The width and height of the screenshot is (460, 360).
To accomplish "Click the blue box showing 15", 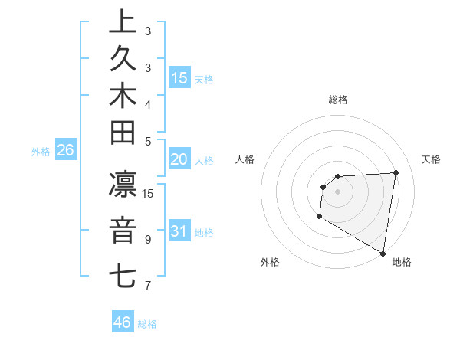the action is coord(179,77).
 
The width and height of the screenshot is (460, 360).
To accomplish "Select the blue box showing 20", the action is coord(179,159).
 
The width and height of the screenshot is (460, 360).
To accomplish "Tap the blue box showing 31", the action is coord(179,231).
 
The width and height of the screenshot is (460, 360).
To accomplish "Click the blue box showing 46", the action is coord(123,322).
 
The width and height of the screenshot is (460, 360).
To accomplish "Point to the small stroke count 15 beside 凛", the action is coord(148,194).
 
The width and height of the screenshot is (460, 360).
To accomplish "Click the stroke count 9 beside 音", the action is coord(148,240).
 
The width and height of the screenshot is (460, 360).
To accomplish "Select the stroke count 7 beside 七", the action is coord(148,286).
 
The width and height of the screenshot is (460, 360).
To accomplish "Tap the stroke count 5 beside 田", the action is coord(148,141).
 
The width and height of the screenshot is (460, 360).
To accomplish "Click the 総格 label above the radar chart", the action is coord(338,100).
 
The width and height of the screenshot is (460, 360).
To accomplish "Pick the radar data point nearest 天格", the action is coord(396,172).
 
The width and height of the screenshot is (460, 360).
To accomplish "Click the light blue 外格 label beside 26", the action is coord(41,152).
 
